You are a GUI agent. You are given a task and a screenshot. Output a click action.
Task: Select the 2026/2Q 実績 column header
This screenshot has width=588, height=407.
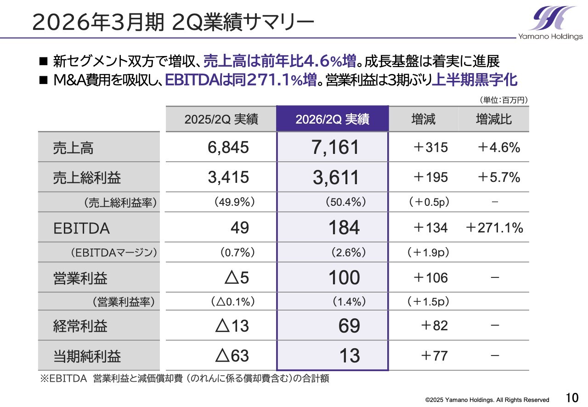(332, 119)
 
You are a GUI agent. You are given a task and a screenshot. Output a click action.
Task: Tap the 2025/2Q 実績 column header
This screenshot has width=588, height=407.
(221, 119)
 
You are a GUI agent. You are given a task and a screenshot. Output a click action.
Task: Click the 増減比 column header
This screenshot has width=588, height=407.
(494, 119)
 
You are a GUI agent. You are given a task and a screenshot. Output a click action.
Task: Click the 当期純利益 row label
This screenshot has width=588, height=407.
(87, 356)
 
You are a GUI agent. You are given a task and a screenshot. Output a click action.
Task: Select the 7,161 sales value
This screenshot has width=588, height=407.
(335, 147)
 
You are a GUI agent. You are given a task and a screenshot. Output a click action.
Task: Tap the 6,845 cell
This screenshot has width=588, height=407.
(228, 147)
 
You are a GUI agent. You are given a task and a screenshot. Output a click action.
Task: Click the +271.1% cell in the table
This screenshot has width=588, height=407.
(494, 228)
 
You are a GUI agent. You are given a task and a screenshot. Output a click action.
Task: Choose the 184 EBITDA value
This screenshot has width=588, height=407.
(344, 228)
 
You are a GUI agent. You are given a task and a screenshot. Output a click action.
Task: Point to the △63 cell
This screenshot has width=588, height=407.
(232, 356)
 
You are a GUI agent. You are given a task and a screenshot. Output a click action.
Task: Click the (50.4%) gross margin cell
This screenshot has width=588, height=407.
(345, 202)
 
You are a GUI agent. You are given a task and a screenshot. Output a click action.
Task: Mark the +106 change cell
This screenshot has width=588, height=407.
(430, 278)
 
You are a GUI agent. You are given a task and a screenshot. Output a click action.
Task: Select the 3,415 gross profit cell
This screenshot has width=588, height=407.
(228, 177)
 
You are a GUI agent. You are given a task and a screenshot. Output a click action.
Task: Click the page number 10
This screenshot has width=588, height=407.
(571, 397)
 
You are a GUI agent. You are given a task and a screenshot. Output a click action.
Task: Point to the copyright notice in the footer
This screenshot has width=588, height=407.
(487, 400)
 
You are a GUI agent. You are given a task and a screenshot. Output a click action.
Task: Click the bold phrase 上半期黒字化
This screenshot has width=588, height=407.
(475, 80)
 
